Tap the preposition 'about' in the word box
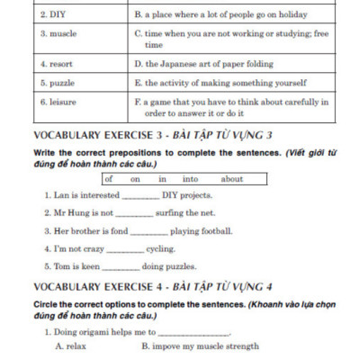(231, 178)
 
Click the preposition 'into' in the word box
(191, 178)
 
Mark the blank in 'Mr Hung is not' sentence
(134, 214)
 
